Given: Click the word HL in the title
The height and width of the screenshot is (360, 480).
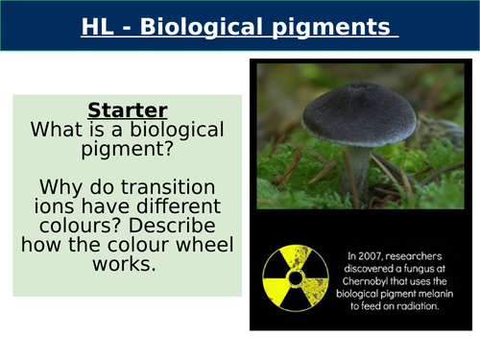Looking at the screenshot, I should coord(99,26).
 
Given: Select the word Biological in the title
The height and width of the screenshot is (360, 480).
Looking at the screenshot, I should coord(196,26).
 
